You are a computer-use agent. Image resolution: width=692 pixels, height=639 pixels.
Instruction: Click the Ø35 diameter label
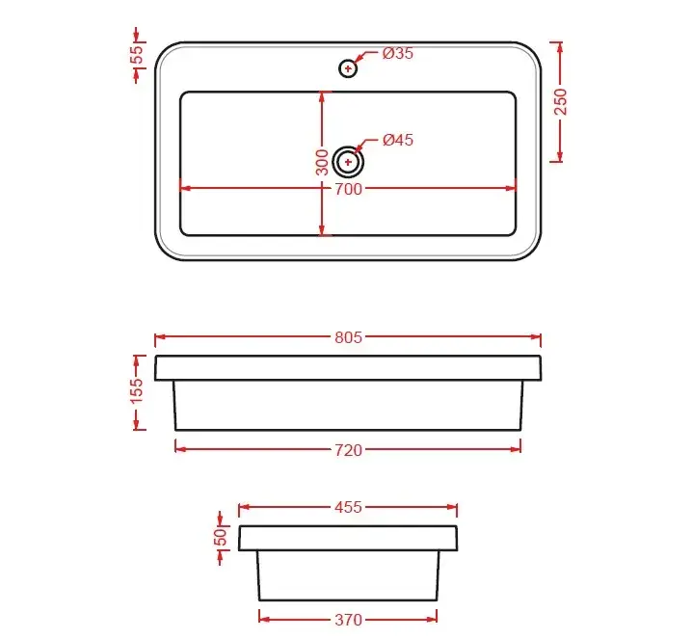(398, 53)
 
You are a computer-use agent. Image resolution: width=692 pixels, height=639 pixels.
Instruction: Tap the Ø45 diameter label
(398, 141)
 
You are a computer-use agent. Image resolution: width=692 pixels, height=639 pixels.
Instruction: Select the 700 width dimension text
(348, 189)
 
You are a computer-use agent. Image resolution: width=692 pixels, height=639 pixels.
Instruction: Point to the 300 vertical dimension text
(322, 162)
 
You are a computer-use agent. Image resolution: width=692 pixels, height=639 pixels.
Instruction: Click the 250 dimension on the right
(561, 102)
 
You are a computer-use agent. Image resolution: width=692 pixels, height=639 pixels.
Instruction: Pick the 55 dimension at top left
(138, 55)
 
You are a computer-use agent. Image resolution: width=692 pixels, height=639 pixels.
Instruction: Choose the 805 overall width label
(348, 337)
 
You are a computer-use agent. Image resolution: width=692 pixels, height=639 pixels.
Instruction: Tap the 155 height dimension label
(137, 390)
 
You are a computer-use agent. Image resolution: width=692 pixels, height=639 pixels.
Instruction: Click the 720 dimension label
(348, 450)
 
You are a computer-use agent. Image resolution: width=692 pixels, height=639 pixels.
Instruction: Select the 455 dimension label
(348, 508)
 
